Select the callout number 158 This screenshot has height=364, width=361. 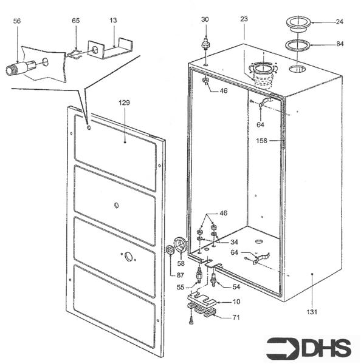click(263, 141)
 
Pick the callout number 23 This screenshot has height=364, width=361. click(244, 19)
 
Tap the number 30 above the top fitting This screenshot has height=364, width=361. click(205, 19)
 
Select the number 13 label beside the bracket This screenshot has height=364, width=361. click(114, 21)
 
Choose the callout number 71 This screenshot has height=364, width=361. click(236, 317)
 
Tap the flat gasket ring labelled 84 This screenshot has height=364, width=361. click(298, 45)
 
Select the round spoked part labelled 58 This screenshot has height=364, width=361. click(180, 246)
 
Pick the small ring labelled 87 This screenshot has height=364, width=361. click(171, 252)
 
